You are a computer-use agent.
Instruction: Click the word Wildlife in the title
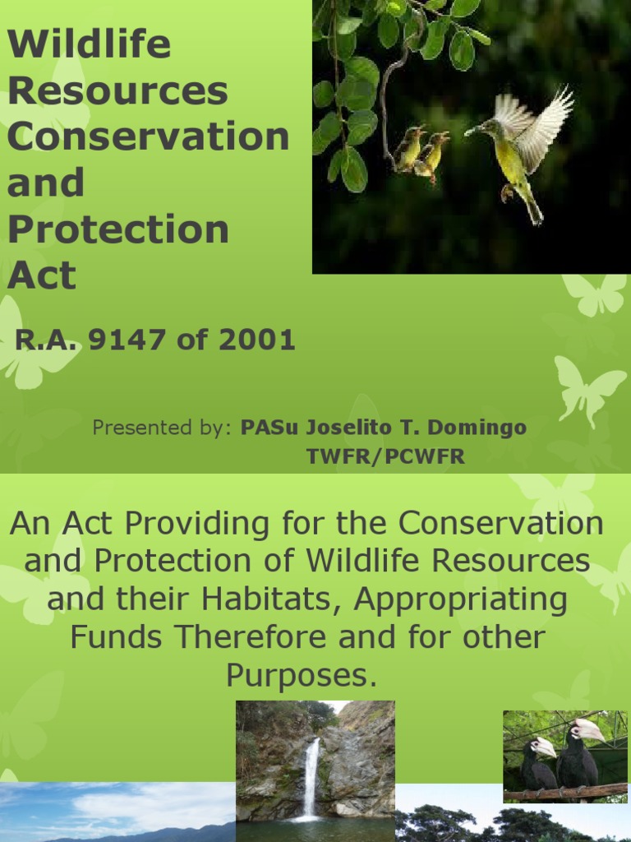point(89,44)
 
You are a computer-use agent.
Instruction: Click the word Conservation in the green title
point(148,136)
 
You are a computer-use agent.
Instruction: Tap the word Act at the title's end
point(41,275)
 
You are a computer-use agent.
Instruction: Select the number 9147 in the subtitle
point(127,340)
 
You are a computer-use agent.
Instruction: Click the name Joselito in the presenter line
point(341,428)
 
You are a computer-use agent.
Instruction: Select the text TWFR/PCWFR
point(385,456)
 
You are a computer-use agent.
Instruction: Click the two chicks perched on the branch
point(421,152)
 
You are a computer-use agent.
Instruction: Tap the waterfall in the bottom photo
point(311,777)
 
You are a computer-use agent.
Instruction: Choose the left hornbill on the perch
point(538,765)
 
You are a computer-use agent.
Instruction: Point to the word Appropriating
point(461,600)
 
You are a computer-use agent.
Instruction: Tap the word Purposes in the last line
point(301,675)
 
